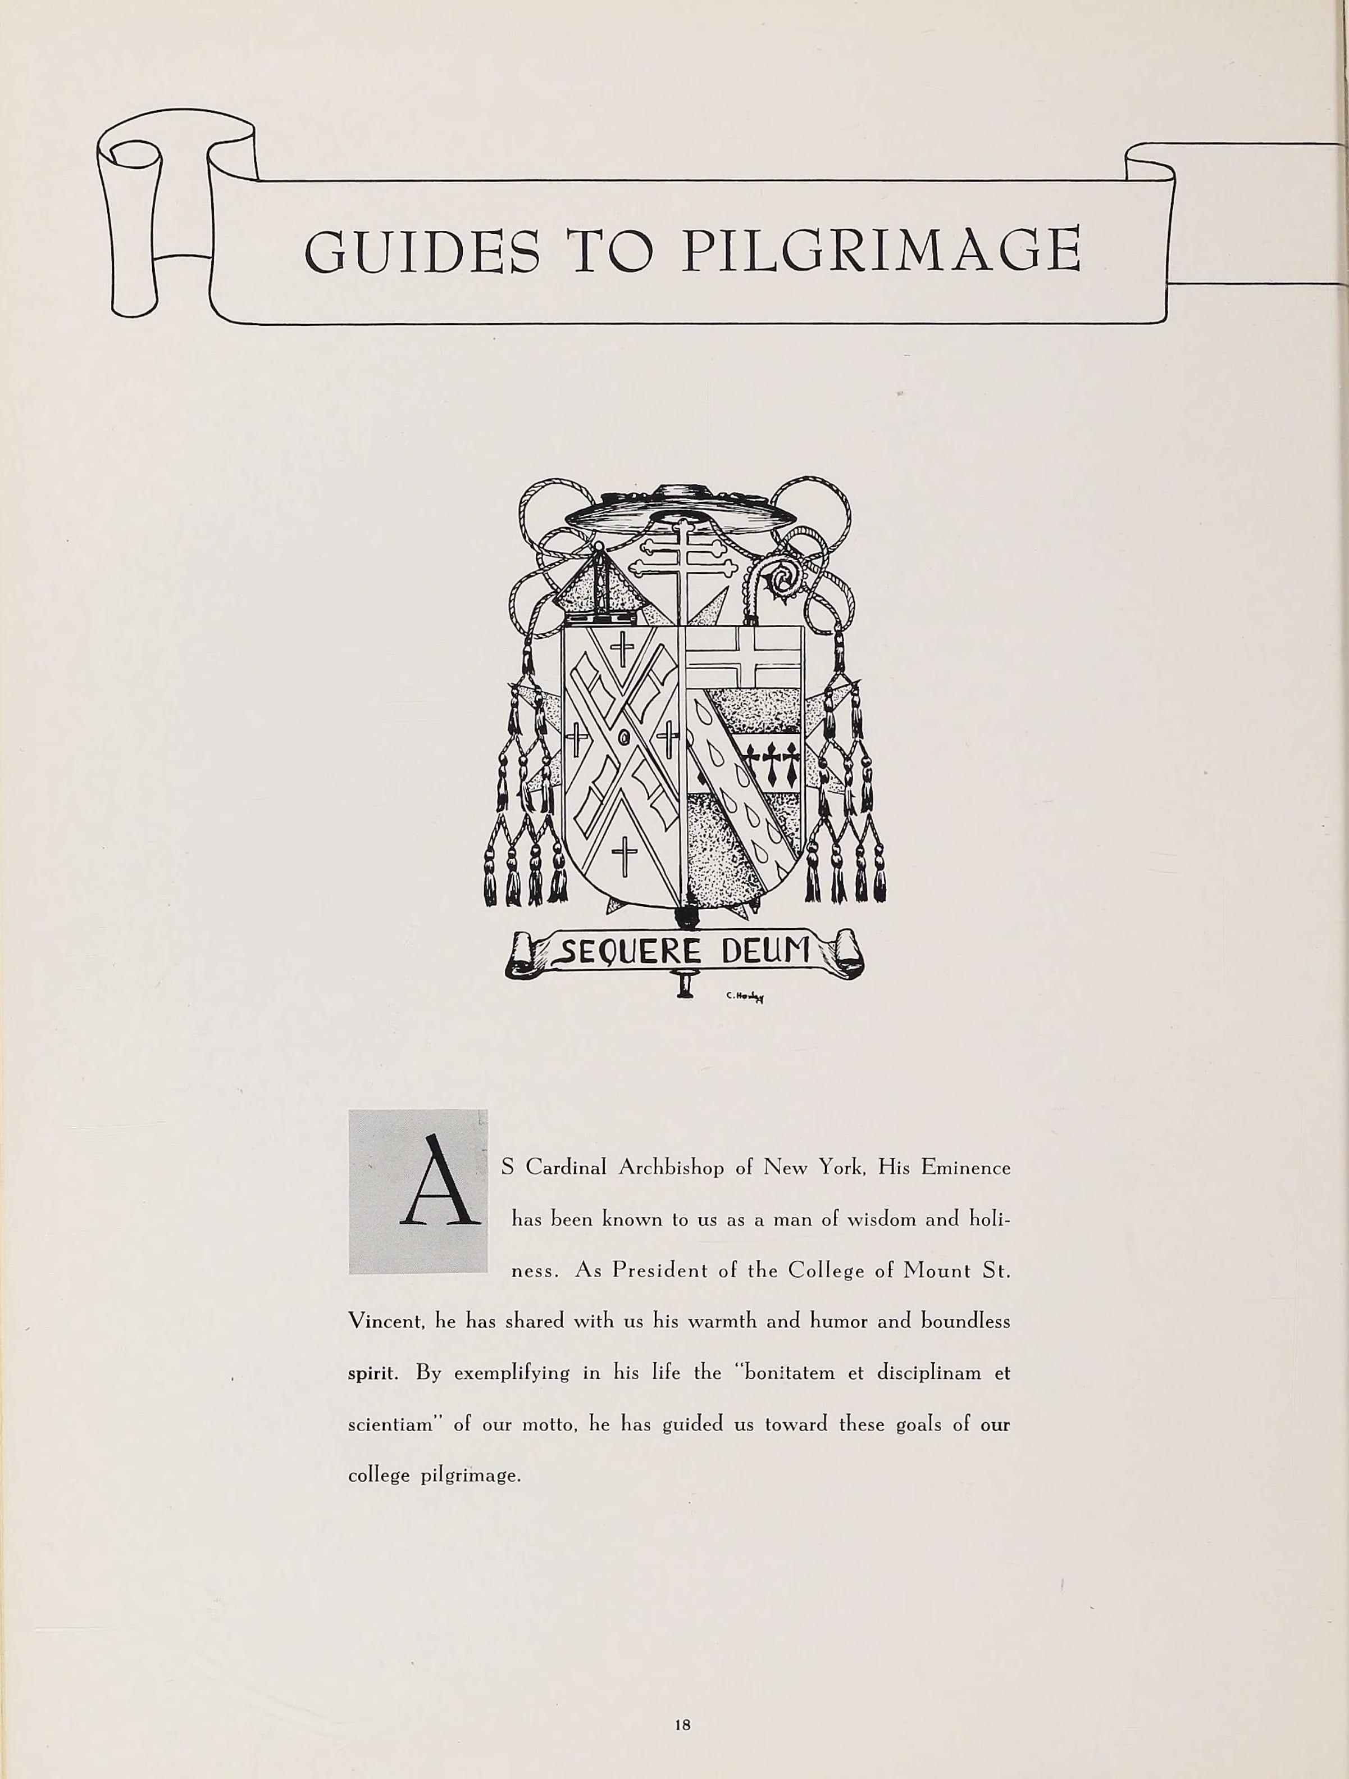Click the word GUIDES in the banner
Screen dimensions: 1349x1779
[422, 251]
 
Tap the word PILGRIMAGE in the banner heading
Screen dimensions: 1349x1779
[880, 251]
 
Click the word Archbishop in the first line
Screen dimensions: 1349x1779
[671, 1168]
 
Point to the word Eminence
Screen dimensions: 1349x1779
[965, 1167]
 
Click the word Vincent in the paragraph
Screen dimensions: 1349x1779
[386, 1322]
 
